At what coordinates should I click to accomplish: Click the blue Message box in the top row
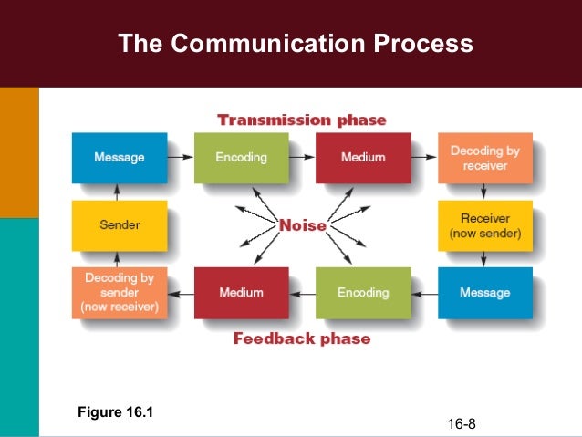[x=120, y=158]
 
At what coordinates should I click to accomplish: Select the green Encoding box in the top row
[x=242, y=158]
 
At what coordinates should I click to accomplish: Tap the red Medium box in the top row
[x=363, y=158]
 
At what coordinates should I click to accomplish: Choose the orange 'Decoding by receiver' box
[x=484, y=158]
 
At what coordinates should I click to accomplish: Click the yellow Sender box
[x=120, y=224]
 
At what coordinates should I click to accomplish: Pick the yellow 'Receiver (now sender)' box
[x=484, y=225]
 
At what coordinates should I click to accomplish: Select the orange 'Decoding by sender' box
[x=120, y=292]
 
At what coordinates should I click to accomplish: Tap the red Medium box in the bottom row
[x=242, y=292]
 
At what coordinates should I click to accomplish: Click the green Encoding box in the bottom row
[x=363, y=292]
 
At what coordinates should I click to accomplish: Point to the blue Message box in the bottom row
[x=484, y=292]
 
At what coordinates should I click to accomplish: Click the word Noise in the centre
[x=302, y=224]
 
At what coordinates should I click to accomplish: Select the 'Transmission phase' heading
[x=301, y=120]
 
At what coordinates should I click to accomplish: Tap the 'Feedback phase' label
[x=302, y=338]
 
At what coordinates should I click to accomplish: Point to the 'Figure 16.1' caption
[x=116, y=412]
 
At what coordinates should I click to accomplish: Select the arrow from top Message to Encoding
[x=181, y=158]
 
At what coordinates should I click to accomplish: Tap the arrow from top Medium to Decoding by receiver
[x=423, y=158]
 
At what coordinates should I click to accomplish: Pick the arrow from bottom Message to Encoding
[x=423, y=292]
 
